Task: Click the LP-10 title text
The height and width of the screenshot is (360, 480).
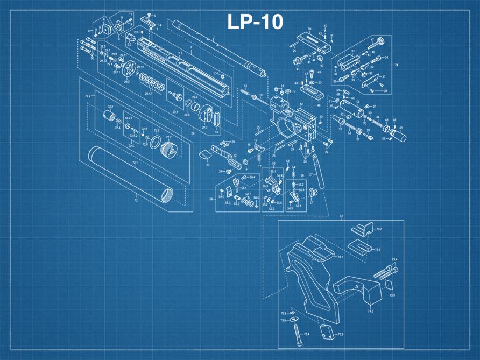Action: coord(255,22)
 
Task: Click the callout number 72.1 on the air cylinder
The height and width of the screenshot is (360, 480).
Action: coord(135,162)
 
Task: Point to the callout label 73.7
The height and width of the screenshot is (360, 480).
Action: coord(379,229)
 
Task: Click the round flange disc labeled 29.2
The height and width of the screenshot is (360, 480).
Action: coord(128,70)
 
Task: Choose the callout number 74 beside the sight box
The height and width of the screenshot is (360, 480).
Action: coord(396,65)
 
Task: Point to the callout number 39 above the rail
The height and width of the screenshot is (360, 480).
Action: coord(310,29)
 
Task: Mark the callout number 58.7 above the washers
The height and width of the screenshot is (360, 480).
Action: coord(248,194)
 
